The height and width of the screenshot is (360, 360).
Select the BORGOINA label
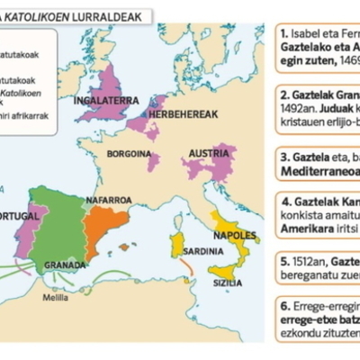click(x=128, y=154)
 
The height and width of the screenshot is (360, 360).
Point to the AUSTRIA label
click(x=212, y=154)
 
